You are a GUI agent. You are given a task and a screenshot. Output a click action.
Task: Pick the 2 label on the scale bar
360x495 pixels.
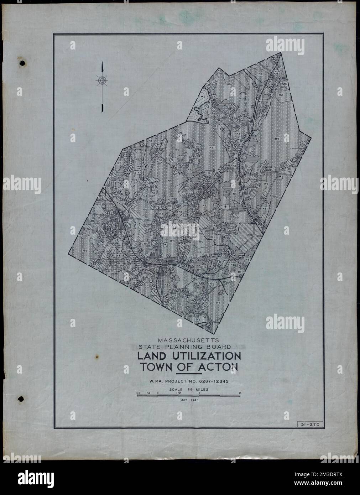pyautogui.click(x=240, y=393)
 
